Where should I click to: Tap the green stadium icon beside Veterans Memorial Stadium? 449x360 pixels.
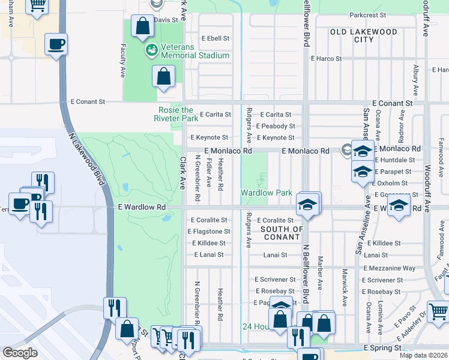[x=151, y=50]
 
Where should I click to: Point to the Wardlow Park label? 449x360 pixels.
[x=267, y=193]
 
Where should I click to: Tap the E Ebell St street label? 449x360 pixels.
[x=215, y=38]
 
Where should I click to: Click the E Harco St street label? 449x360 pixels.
[x=326, y=59]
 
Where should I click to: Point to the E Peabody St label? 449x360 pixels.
[x=275, y=126]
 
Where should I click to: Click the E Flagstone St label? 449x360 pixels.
[x=208, y=232]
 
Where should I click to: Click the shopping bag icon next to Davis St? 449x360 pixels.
[x=143, y=27]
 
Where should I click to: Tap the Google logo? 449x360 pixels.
[x=20, y=352]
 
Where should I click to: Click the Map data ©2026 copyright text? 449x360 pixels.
[x=424, y=355]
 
